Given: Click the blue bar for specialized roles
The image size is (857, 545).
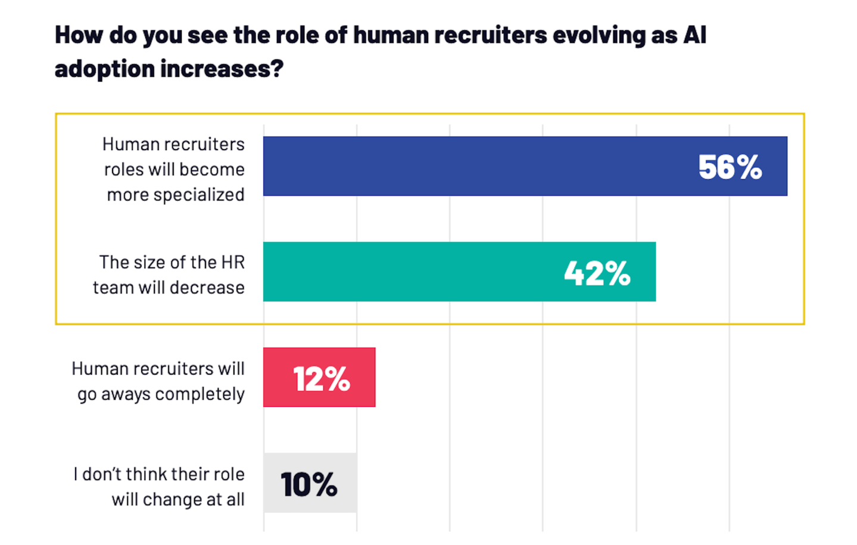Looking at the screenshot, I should point(476,166).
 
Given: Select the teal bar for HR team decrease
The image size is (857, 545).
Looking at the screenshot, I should point(411,272).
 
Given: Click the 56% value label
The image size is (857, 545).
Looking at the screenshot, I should point(730,167).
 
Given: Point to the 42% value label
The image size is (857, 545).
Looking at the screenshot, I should point(597,273).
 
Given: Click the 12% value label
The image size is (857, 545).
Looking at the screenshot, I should point(322,379).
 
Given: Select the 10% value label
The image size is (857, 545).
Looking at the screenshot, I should point(309,484).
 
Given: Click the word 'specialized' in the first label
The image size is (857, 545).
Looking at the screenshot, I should point(200,195).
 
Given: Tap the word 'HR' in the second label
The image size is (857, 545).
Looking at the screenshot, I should point(233,262).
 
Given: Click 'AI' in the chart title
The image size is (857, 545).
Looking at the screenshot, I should point(694,35).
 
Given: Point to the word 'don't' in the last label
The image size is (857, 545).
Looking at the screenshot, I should point(102,474).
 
